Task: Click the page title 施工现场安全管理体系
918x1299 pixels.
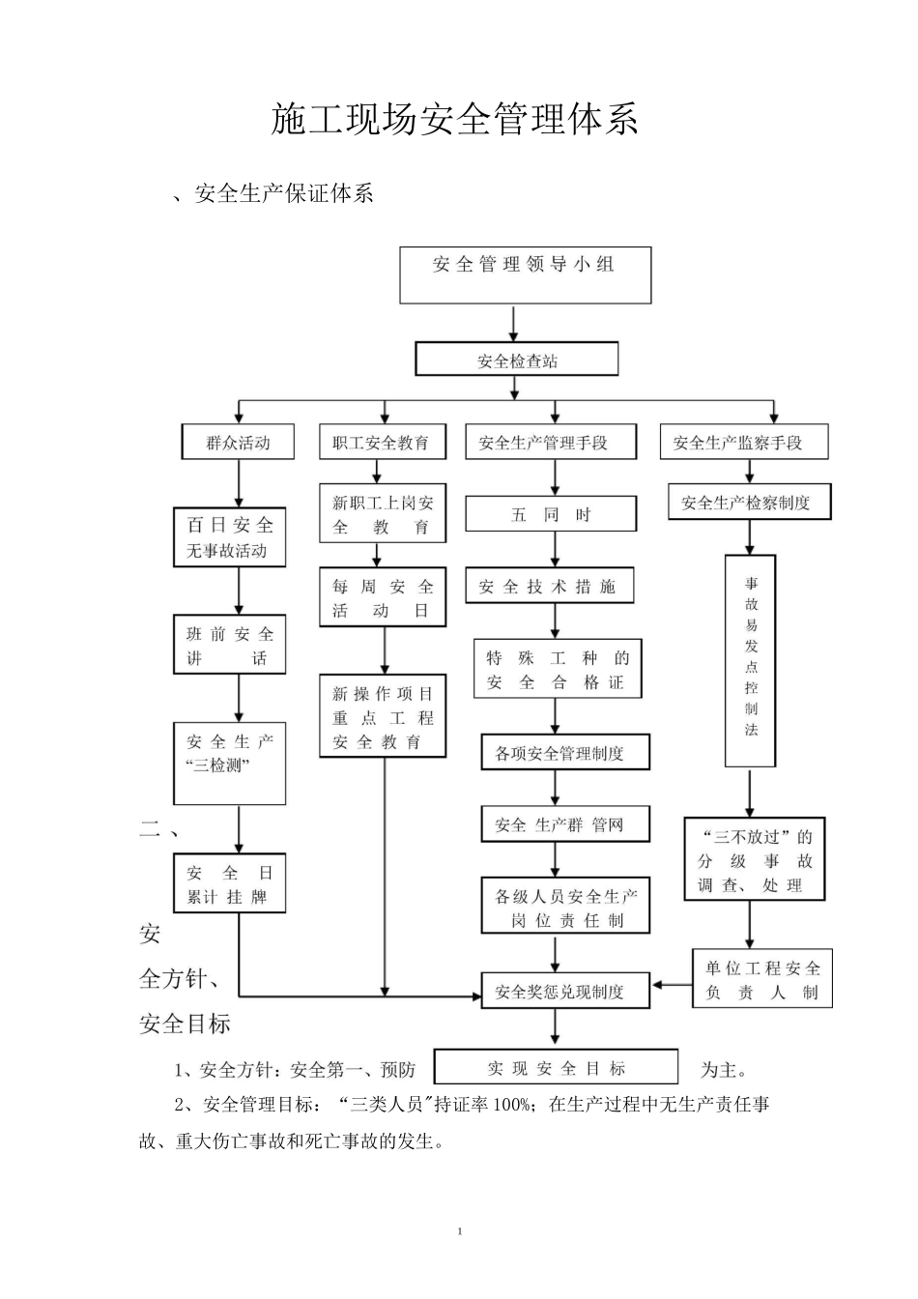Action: (x=454, y=120)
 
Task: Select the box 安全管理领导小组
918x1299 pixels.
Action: (x=526, y=274)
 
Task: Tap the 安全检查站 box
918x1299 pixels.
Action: (x=517, y=361)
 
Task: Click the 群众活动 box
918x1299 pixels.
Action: (x=238, y=443)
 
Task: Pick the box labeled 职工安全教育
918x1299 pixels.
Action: (x=381, y=443)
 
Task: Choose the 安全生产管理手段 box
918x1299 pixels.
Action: (x=550, y=443)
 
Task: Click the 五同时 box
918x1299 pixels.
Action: (x=551, y=514)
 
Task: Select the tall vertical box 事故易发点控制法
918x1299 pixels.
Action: (x=751, y=659)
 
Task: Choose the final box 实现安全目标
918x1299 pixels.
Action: (x=556, y=1068)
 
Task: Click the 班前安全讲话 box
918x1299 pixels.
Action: (x=230, y=647)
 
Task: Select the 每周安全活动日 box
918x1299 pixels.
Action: (x=383, y=598)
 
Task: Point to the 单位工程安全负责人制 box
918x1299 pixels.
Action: (x=761, y=980)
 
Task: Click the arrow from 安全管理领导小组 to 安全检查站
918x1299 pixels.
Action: (x=513, y=323)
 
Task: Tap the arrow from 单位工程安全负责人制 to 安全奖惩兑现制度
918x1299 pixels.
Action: (x=672, y=985)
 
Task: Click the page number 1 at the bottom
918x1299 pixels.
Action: (x=460, y=1231)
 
